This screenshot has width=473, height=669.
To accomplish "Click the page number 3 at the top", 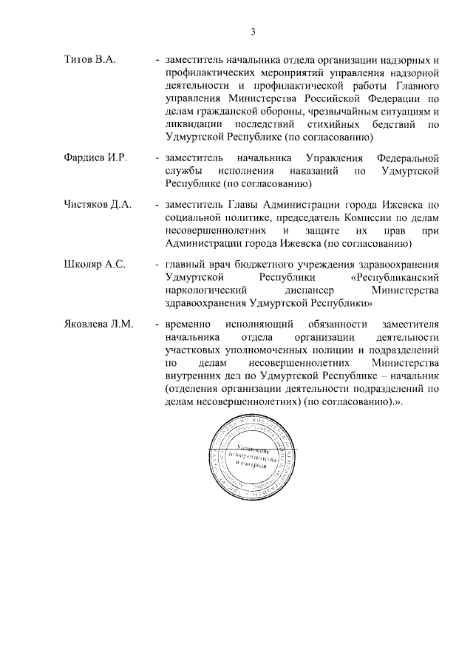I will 253,32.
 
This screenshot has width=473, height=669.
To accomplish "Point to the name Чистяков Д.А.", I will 97,205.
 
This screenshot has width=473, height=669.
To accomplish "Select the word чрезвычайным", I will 311,112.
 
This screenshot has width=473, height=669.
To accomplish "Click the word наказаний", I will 310,172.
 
